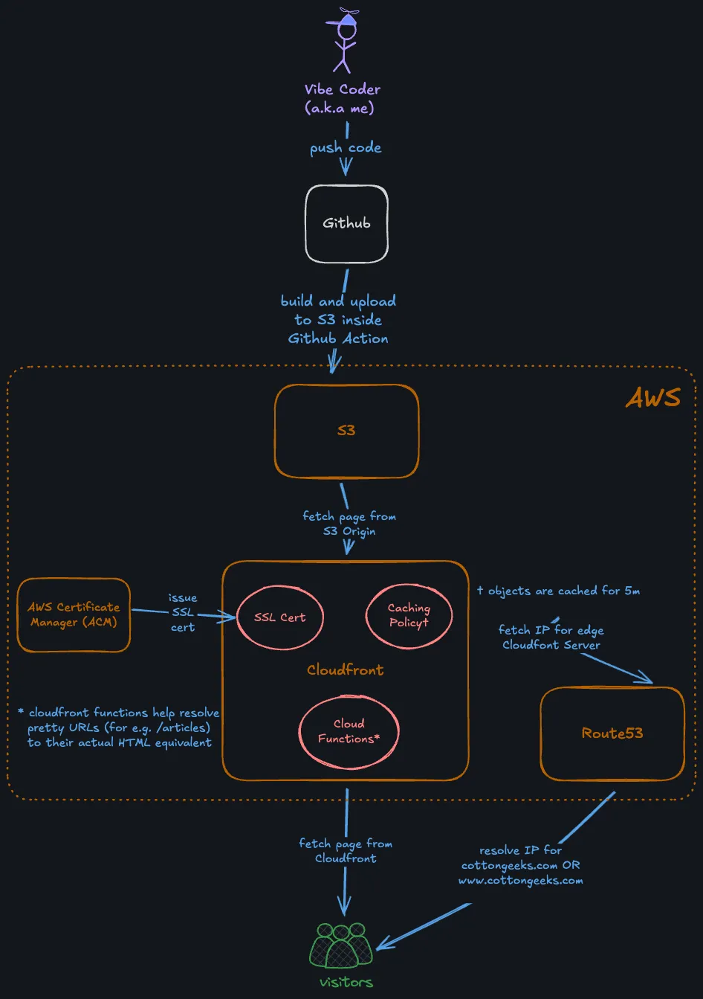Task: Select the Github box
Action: (346, 223)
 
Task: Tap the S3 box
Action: (346, 431)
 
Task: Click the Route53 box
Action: (612, 733)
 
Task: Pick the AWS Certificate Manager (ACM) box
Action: (74, 614)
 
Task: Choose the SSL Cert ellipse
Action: (279, 617)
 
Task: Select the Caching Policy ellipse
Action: (409, 615)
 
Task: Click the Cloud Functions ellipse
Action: (349, 731)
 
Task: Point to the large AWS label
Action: (652, 398)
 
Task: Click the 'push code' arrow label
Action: (346, 148)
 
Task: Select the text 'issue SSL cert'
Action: (182, 612)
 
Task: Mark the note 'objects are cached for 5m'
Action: (558, 591)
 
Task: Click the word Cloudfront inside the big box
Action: (346, 670)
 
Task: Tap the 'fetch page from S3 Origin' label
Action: (349, 524)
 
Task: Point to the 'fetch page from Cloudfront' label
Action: (346, 851)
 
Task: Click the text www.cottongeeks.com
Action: (520, 881)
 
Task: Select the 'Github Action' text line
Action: (338, 338)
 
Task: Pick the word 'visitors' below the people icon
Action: (346, 983)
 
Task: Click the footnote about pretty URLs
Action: (119, 727)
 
